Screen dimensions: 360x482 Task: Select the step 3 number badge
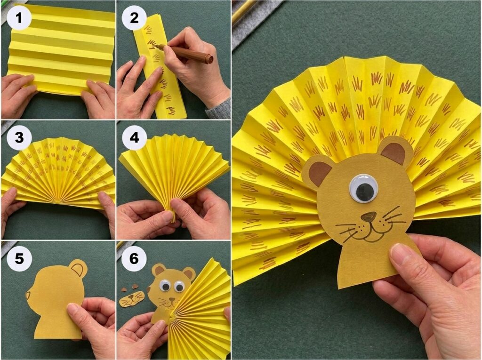coord(18,138)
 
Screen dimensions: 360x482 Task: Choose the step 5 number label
coord(18,258)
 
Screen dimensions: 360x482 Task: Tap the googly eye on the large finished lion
coord(363,189)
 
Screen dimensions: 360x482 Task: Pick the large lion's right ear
coord(394,152)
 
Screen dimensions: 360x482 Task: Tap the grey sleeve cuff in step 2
coord(219,109)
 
